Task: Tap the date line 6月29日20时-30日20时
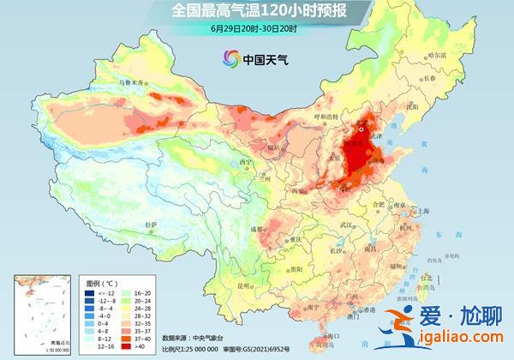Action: pyautogui.click(x=254, y=28)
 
